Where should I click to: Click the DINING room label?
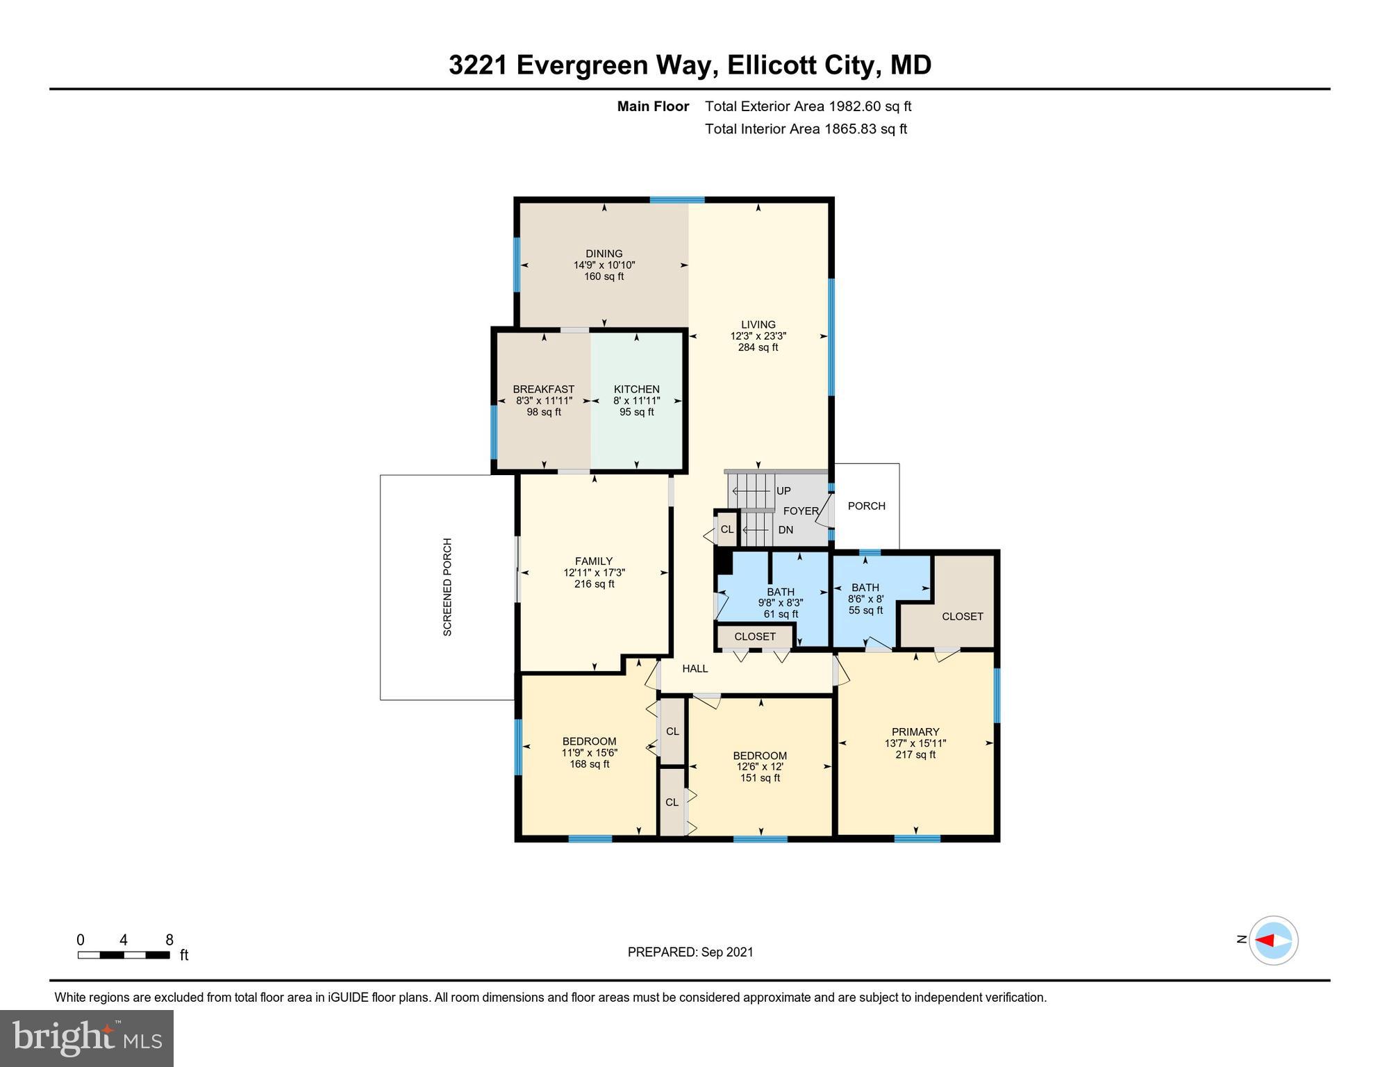pos(604,254)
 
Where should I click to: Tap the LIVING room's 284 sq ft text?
pos(758,347)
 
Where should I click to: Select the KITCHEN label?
pos(636,389)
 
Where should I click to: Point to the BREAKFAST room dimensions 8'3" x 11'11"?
pos(544,401)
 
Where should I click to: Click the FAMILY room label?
pos(594,561)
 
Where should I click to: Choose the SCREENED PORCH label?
pos(447,587)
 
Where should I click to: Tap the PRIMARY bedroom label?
pos(915,731)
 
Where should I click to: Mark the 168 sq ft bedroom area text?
pos(590,764)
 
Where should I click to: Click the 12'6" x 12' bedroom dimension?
pos(760,767)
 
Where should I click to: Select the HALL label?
pos(695,668)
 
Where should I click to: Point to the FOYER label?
pos(801,511)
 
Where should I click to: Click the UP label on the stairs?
pos(783,490)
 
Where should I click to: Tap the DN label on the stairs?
pos(785,529)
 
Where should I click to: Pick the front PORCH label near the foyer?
pos(866,506)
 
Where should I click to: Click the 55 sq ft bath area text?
pos(865,610)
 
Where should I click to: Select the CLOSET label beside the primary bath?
pos(962,616)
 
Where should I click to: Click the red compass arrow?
pos(1265,941)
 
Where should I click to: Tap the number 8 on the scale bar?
pos(169,940)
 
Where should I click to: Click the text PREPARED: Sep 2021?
pos(690,952)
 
